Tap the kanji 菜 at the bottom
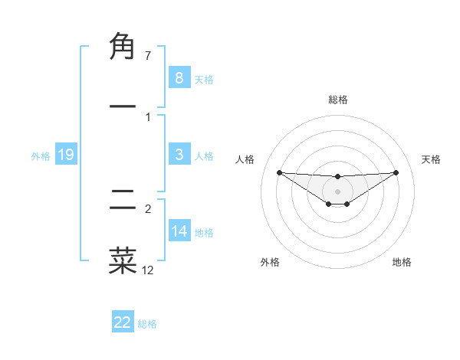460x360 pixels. click(x=123, y=260)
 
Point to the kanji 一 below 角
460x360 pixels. click(x=123, y=106)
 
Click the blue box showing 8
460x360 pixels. click(x=179, y=77)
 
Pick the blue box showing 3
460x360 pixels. click(x=179, y=155)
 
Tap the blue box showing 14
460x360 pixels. click(x=179, y=231)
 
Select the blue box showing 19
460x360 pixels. click(x=66, y=155)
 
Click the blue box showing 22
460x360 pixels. click(x=123, y=322)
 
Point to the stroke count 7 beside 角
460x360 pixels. click(x=148, y=56)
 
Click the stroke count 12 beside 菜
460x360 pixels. click(x=148, y=270)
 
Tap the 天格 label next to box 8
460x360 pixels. click(x=204, y=79)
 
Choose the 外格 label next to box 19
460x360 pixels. click(x=41, y=156)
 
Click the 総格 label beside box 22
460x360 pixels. click(x=147, y=324)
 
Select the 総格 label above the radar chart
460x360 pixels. click(x=337, y=100)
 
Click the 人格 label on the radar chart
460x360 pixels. click(x=245, y=159)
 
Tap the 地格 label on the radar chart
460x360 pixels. click(x=402, y=262)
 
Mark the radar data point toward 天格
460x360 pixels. click(x=396, y=172)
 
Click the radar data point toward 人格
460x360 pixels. click(x=279, y=172)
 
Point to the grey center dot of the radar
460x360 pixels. click(x=337, y=191)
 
